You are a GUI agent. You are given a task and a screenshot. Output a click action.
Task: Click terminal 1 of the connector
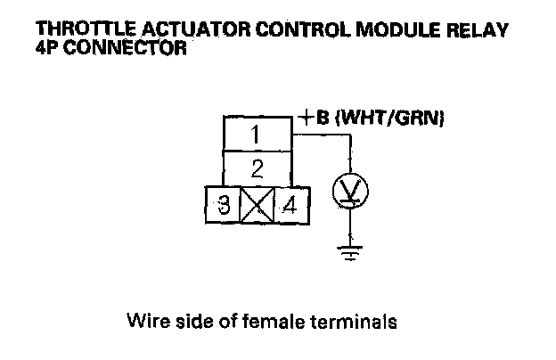[256, 135]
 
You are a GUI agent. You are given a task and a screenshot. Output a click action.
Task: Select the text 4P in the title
[49, 47]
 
